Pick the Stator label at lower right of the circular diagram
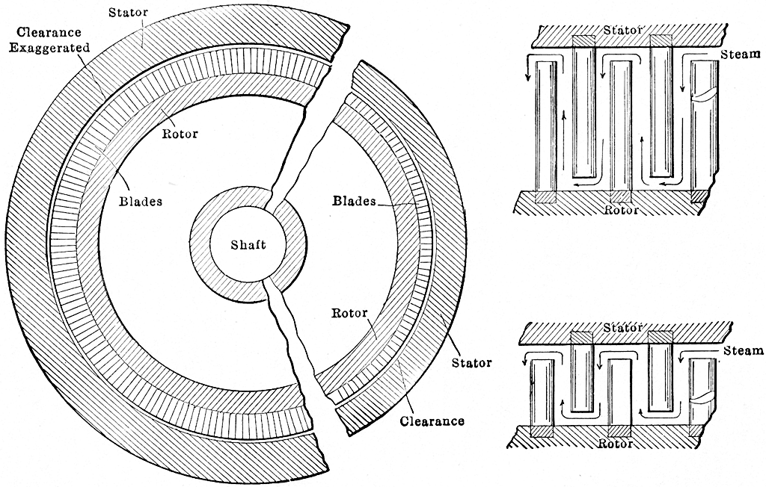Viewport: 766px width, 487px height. (471, 363)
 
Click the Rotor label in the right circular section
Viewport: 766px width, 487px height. (349, 313)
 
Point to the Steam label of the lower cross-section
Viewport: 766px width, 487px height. (743, 350)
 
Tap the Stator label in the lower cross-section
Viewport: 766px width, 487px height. (622, 327)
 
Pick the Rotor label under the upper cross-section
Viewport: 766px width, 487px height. (621, 210)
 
